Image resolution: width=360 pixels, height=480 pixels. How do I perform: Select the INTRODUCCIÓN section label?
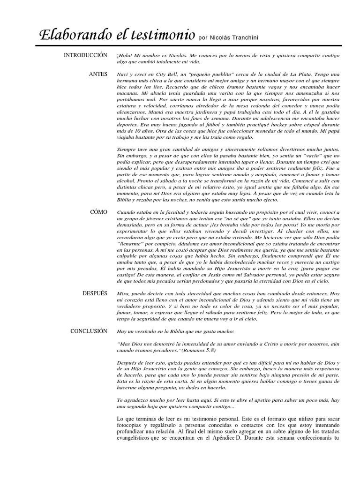click(x=86, y=55)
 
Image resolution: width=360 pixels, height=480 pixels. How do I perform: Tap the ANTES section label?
click(x=98, y=75)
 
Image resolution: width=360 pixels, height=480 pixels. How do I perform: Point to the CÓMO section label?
click(x=98, y=212)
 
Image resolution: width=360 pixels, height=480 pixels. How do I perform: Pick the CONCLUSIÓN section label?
click(x=89, y=331)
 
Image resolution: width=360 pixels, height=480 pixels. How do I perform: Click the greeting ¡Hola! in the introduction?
click(x=124, y=56)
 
